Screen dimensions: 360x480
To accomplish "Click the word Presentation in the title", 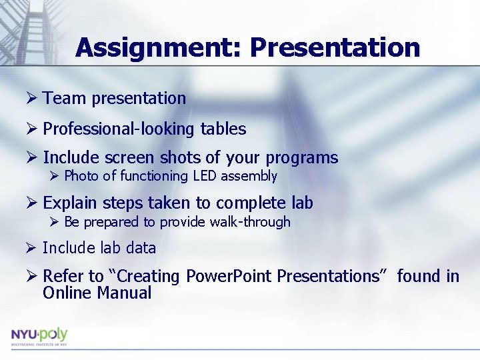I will pyautogui.click(x=335, y=48).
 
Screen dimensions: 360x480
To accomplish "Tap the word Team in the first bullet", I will pyautogui.click(x=65, y=99).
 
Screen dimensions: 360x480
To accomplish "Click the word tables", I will pyautogui.click(x=223, y=129).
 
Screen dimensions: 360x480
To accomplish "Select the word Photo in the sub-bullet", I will pyautogui.click(x=81, y=176).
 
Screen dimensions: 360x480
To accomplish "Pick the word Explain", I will pyautogui.click(x=69, y=203).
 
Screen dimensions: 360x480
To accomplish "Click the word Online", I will pyautogui.click(x=67, y=293).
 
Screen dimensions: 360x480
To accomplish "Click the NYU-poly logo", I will pyautogui.click(x=39, y=336).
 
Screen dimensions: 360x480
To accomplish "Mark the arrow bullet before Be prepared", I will pyautogui.click(x=55, y=222).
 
